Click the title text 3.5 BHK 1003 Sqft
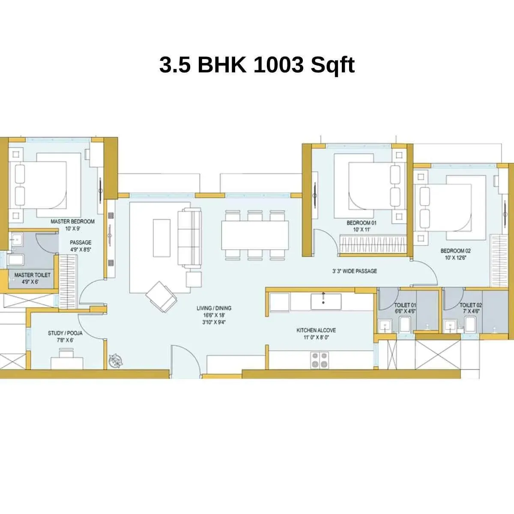click(x=257, y=65)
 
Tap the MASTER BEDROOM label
click(x=72, y=221)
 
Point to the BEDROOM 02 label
click(x=455, y=251)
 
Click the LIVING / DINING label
click(x=214, y=308)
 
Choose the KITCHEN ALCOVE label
click(x=316, y=330)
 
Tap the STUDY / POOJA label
click(x=65, y=333)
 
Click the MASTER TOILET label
click(x=32, y=275)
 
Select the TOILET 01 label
click(x=405, y=305)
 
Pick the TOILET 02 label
click(x=471, y=305)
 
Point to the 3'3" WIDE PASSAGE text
click(x=355, y=271)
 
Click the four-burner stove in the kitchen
click(x=319, y=360)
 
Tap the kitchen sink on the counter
click(x=326, y=301)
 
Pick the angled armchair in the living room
click(x=161, y=296)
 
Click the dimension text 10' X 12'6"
click(x=455, y=257)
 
